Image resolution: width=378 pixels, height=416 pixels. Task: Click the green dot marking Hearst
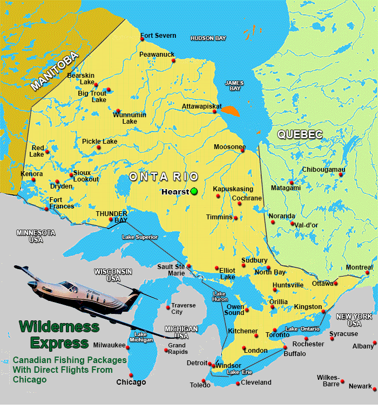[x=194, y=191]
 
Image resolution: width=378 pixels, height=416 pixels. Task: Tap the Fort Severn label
[x=158, y=36]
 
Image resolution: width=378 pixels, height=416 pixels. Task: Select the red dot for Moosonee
[x=242, y=151]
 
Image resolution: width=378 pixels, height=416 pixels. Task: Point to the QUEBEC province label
[x=300, y=135]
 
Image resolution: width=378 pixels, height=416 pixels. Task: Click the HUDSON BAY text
[x=208, y=38]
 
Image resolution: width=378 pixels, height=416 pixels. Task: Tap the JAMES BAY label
[x=234, y=85]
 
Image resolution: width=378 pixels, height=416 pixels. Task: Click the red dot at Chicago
[x=131, y=374]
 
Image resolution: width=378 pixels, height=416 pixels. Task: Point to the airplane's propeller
[x=134, y=298]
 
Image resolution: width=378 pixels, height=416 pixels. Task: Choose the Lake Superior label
[x=140, y=237]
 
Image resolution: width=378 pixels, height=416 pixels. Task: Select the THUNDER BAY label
[x=112, y=217]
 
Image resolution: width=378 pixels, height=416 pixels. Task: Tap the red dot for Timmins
[x=236, y=218]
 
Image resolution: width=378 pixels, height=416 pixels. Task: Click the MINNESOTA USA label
[x=36, y=236]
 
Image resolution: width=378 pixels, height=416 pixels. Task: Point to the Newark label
[x=360, y=386]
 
